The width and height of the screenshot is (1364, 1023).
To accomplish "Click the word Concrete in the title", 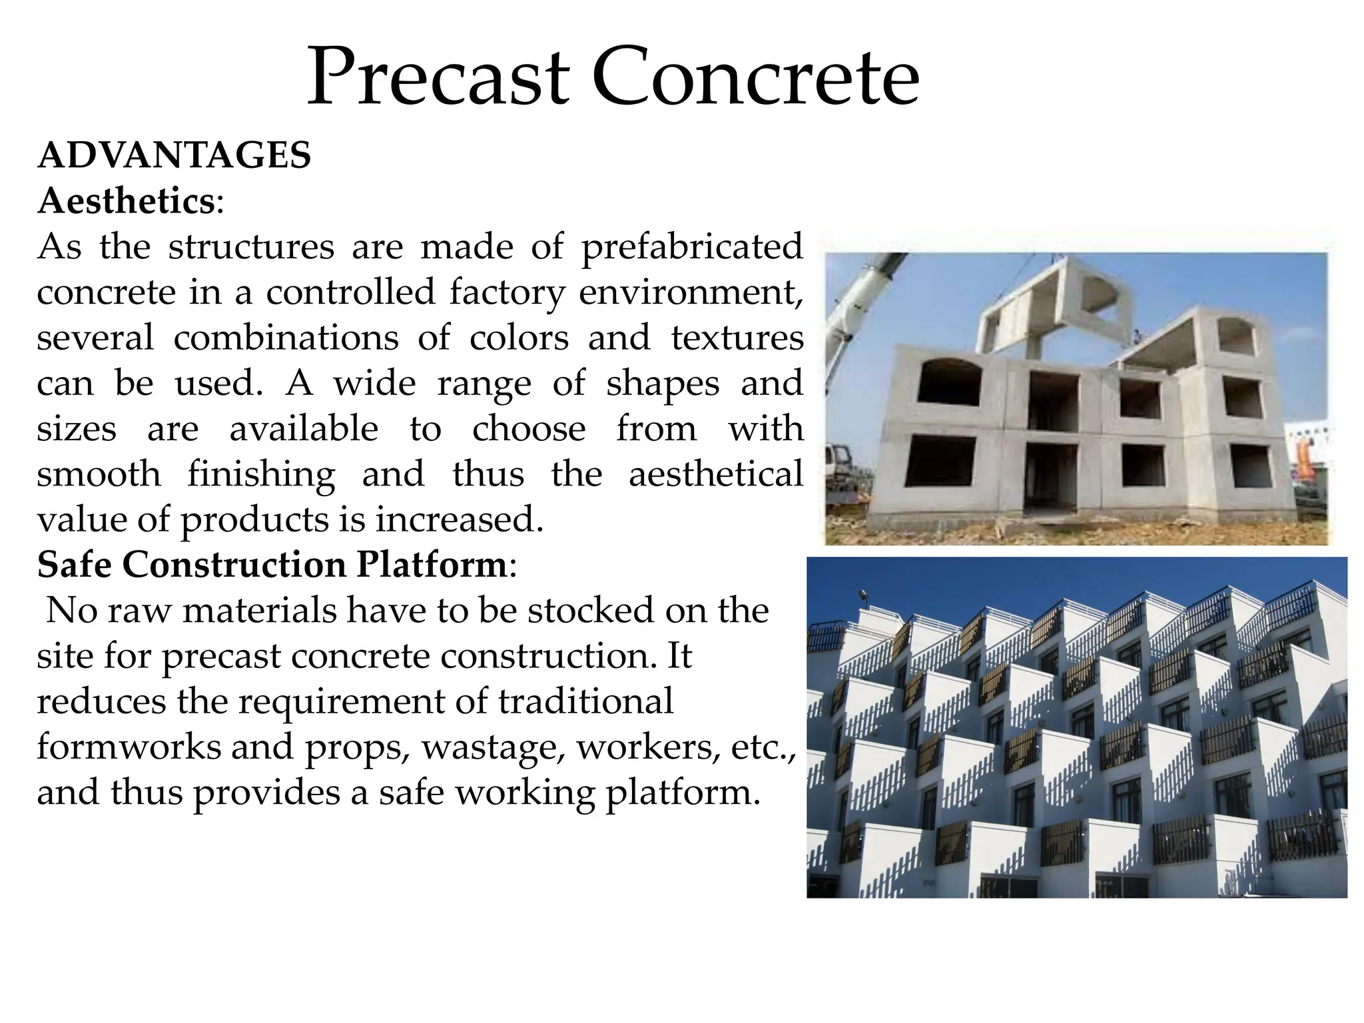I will pos(755,79).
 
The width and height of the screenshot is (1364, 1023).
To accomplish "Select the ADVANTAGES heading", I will pos(174,156).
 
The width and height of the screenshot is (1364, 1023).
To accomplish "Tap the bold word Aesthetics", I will pos(126,201).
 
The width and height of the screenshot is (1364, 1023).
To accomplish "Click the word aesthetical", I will pos(715,475).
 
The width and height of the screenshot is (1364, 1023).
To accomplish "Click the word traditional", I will pos(585,702).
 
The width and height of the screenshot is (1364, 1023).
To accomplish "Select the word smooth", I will pos(99,475).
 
